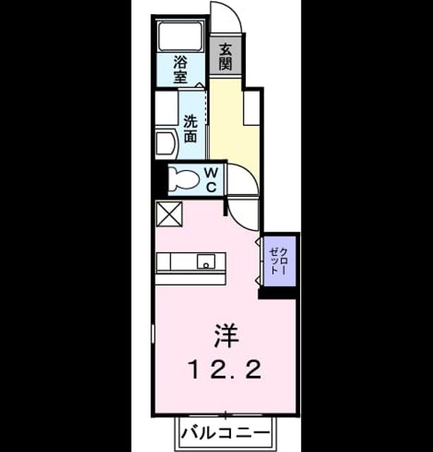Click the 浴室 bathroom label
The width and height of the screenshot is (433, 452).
point(180,69)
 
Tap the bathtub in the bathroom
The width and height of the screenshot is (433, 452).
point(181,35)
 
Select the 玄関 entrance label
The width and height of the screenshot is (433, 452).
point(225,56)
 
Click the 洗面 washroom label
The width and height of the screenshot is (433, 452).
point(190,129)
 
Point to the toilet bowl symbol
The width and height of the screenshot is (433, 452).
point(184,179)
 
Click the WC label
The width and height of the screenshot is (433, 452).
point(211,181)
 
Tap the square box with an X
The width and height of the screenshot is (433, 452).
point(170,214)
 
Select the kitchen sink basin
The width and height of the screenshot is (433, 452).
point(206,261)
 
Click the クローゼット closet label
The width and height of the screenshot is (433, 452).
point(278,261)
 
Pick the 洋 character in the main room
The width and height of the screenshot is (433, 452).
point(226,336)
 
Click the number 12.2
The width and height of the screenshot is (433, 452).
point(225,370)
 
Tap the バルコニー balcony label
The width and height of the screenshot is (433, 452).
point(225,433)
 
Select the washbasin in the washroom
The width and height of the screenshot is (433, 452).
point(166,144)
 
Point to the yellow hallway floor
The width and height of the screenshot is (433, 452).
point(233,127)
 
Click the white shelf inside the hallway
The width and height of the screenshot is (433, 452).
point(251,108)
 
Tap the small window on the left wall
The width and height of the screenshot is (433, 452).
point(153,335)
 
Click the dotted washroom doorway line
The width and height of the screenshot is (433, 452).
point(206,107)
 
